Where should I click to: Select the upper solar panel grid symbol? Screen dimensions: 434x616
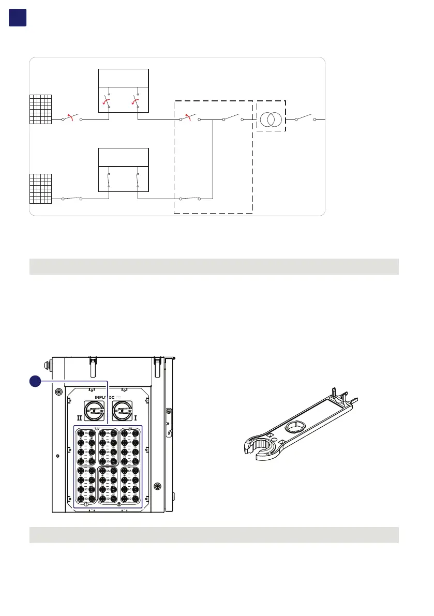[x=41, y=109]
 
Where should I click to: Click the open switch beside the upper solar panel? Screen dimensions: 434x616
[x=72, y=118]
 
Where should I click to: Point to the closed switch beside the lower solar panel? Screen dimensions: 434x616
[x=72, y=198]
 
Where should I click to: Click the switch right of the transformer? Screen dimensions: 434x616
[x=305, y=118]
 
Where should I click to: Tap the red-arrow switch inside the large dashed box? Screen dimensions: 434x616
[x=190, y=118]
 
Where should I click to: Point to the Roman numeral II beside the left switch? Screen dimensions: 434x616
[x=79, y=415]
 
